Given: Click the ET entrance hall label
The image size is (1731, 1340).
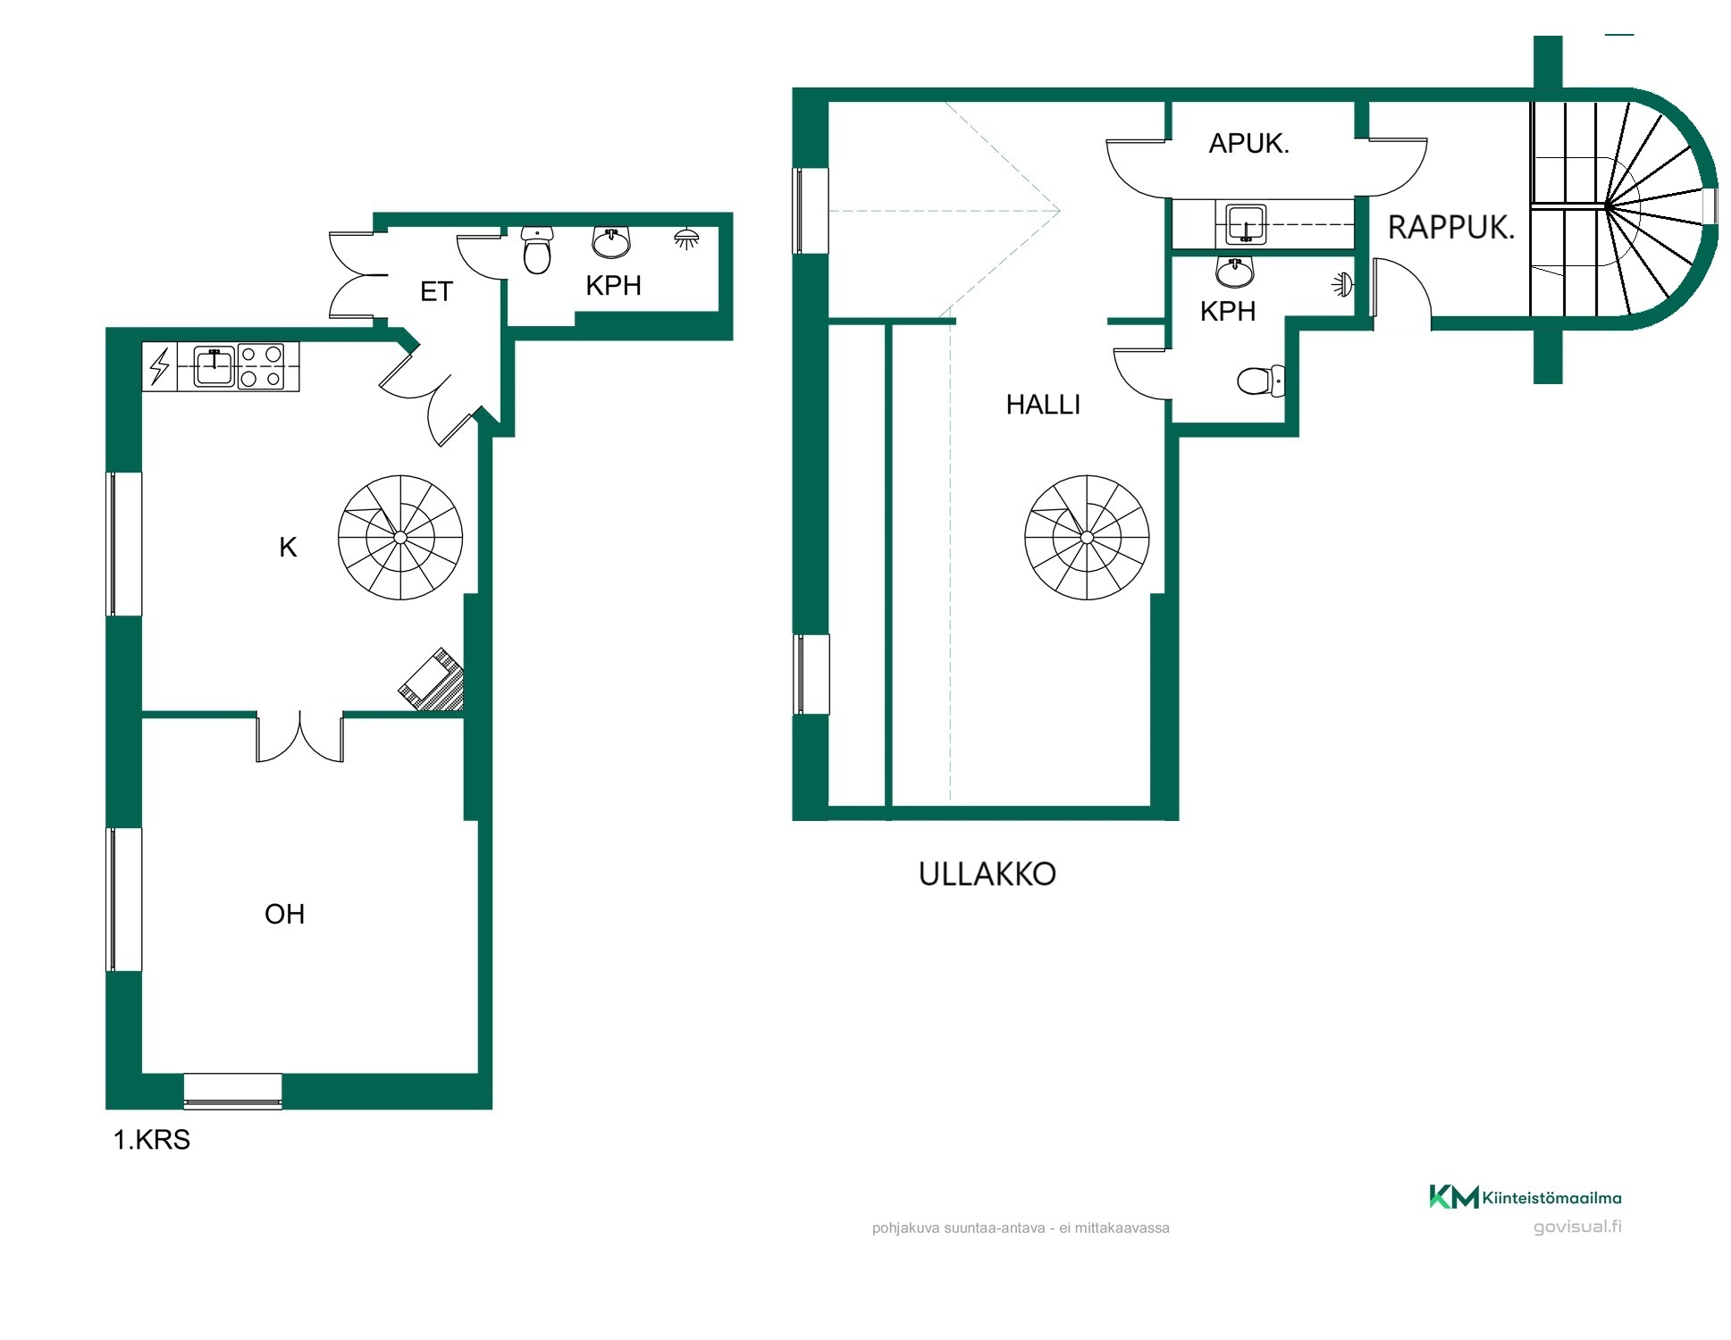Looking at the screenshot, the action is (x=436, y=291).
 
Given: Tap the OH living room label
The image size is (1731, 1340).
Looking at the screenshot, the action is (x=285, y=914).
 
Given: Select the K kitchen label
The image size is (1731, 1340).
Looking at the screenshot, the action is (x=288, y=547).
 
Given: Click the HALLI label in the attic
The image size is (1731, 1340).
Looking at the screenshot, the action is (x=1043, y=405).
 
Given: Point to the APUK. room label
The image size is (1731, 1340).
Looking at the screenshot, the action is (x=1248, y=143).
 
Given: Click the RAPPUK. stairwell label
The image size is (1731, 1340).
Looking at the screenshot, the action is (x=1451, y=228).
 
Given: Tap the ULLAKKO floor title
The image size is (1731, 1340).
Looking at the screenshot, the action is (x=987, y=874).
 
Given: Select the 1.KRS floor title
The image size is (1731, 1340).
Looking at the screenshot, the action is (x=152, y=1140).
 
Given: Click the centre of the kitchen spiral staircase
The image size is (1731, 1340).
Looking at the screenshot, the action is (x=400, y=537).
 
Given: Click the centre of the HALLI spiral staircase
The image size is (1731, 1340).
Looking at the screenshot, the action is (x=1087, y=537).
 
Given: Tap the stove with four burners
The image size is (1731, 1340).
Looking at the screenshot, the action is (x=261, y=367).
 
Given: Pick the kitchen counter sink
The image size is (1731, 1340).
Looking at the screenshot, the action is (x=214, y=367).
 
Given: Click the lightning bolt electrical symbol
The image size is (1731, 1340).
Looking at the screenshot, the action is (x=160, y=367).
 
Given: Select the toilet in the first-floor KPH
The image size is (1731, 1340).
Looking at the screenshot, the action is (x=537, y=249).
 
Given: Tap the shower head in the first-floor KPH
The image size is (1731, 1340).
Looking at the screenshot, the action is (x=686, y=239).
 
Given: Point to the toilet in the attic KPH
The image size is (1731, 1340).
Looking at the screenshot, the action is (x=1261, y=381).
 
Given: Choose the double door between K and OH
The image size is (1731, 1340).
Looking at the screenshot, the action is (x=299, y=736).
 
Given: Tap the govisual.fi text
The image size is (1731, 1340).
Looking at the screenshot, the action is (x=1577, y=1227).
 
